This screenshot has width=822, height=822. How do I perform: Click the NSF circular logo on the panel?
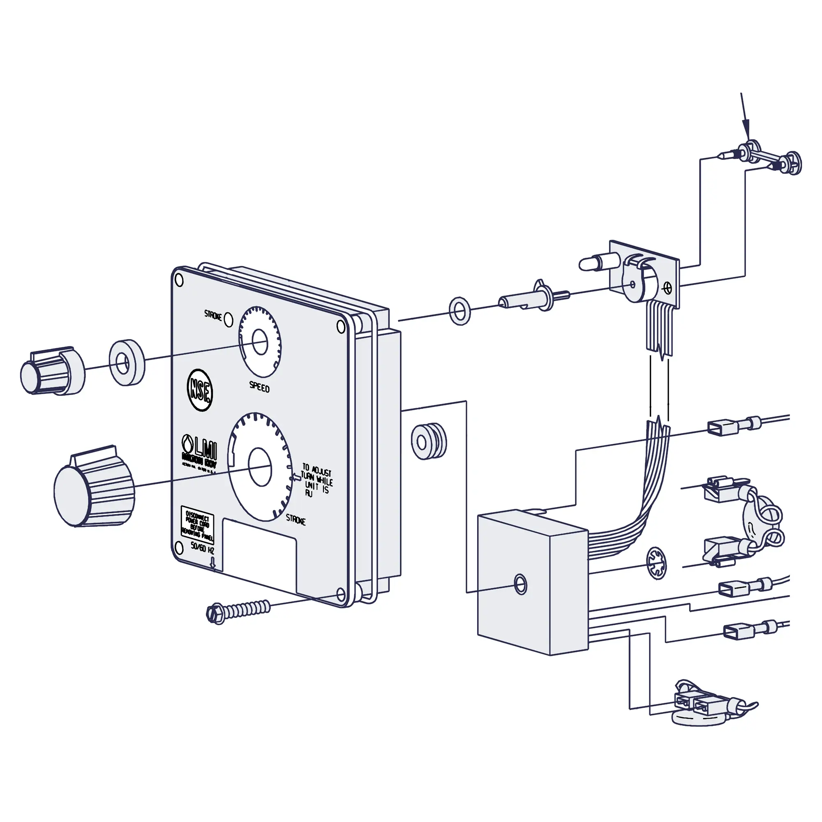[x=200, y=390]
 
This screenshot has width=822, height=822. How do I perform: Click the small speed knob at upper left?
[x=51, y=370]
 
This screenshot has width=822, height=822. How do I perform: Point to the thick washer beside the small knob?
[x=126, y=363]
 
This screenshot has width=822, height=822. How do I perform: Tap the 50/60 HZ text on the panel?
[x=202, y=548]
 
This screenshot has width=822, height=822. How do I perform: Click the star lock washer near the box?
[x=657, y=563]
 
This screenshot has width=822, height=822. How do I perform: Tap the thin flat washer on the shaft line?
[x=459, y=311]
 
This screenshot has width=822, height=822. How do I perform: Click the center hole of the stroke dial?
[x=259, y=466]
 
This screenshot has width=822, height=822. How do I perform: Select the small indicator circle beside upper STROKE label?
[x=229, y=319]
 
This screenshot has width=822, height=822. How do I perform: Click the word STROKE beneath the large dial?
[x=295, y=520]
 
